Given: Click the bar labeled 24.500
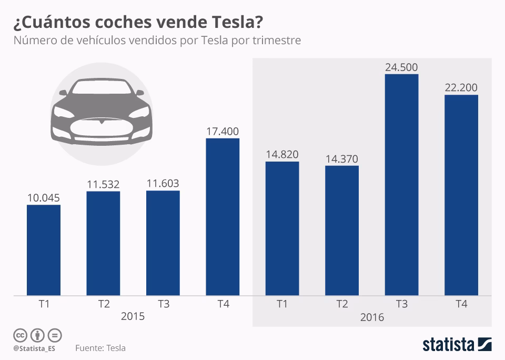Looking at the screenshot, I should pyautogui.click(x=401, y=184).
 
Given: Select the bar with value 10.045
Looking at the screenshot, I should pyautogui.click(x=44, y=250).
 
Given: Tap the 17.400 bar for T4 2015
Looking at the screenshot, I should pyautogui.click(x=223, y=216).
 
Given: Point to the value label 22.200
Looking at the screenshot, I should pyautogui.click(x=461, y=88).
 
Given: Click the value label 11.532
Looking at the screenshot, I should pyautogui.click(x=103, y=185).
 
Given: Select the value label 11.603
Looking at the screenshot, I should pyautogui.click(x=163, y=184).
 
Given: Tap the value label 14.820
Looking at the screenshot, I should pyautogui.click(x=282, y=155).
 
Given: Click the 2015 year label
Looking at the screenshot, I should pyautogui.click(x=133, y=317).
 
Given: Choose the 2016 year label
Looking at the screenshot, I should pyautogui.click(x=372, y=317).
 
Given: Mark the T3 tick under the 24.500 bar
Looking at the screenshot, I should pyautogui.click(x=401, y=304).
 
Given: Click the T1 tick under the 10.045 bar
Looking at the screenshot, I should pyautogui.click(x=44, y=304).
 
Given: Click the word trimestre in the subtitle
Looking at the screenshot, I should pyautogui.click(x=275, y=41).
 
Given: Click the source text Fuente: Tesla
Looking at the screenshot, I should pyautogui.click(x=100, y=348).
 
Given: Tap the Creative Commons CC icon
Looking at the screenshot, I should pyautogui.click(x=20, y=335).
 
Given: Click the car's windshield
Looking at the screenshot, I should pyautogui.click(x=99, y=88).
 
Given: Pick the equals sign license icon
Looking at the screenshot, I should pyautogui.click(x=55, y=335).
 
